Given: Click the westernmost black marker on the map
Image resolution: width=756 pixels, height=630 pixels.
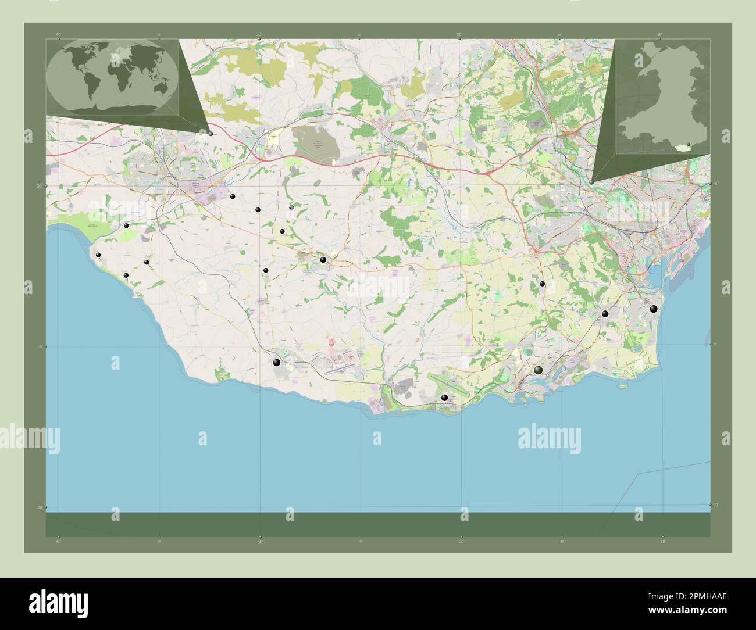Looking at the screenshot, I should coord(99,255).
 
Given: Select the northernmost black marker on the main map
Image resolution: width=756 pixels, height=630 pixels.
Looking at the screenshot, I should coord(232,196).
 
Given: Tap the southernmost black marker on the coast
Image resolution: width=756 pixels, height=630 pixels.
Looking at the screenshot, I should coord(445,398).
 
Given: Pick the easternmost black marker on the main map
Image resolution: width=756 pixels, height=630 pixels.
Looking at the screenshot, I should coord(654,309).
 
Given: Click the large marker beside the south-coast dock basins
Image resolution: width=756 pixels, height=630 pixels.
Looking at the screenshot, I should coord(539,370).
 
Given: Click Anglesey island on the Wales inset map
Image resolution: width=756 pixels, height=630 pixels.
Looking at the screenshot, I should coord(643,59).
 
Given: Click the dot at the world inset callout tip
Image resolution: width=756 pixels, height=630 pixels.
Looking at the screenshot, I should coord(211,134).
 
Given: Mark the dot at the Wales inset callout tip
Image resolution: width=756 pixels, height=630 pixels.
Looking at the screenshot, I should coord(591,182).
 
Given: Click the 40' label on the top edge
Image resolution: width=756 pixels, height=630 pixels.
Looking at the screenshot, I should coord(59,35).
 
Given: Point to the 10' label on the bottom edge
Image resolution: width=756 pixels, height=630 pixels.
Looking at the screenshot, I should coord(662,542).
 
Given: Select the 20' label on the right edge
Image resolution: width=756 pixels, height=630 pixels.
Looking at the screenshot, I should coord(716,504).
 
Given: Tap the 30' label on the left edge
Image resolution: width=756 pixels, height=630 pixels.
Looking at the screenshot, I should coord(40,186).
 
